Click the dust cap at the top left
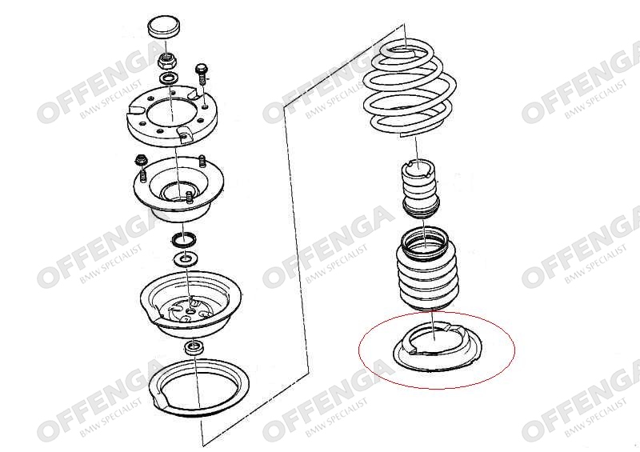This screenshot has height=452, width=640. [x=165, y=28]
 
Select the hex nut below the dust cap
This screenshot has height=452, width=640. [x=166, y=61]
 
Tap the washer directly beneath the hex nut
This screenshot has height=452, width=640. [x=167, y=78]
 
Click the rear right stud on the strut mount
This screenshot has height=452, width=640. [x=202, y=161]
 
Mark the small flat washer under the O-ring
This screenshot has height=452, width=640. [x=186, y=259]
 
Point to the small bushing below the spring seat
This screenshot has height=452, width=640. [x=195, y=348]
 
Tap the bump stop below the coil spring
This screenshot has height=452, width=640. [x=422, y=190]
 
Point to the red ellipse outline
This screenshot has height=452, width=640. [x=437, y=312]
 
